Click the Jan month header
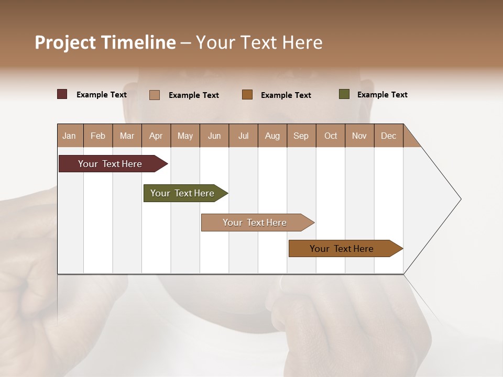(x=69, y=136)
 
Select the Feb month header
(x=98, y=136)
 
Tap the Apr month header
(x=156, y=136)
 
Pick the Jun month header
(x=214, y=136)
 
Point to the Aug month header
(x=272, y=136)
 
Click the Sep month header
(x=301, y=136)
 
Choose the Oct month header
(x=331, y=136)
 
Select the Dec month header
(x=388, y=136)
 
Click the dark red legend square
(x=62, y=94)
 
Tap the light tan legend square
(x=155, y=95)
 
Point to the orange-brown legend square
(x=247, y=94)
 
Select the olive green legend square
(x=344, y=94)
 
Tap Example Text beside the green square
(x=382, y=95)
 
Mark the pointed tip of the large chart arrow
(x=460, y=199)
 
